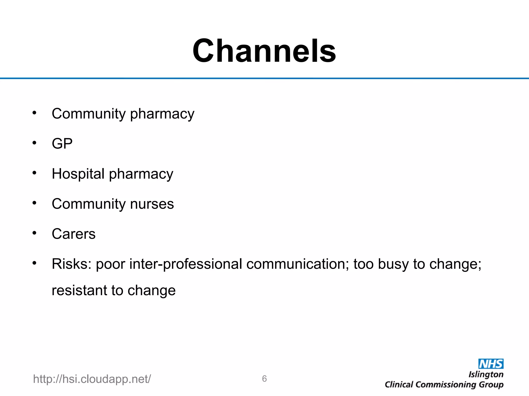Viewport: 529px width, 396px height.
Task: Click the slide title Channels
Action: (264, 51)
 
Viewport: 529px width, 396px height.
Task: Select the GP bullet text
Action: (62, 144)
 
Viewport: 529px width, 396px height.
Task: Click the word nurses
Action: (152, 204)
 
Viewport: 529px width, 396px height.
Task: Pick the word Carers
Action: (74, 234)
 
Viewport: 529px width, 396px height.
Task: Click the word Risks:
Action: (72, 264)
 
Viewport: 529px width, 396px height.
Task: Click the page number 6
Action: (264, 379)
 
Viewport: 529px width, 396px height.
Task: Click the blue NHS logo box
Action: (491, 364)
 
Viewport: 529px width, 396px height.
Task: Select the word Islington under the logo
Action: (486, 374)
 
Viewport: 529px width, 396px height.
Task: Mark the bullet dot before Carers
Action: (34, 233)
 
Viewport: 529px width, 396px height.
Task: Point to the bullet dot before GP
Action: (34, 143)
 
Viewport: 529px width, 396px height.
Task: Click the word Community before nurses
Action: (89, 204)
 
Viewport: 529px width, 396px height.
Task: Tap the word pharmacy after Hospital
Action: (141, 174)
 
